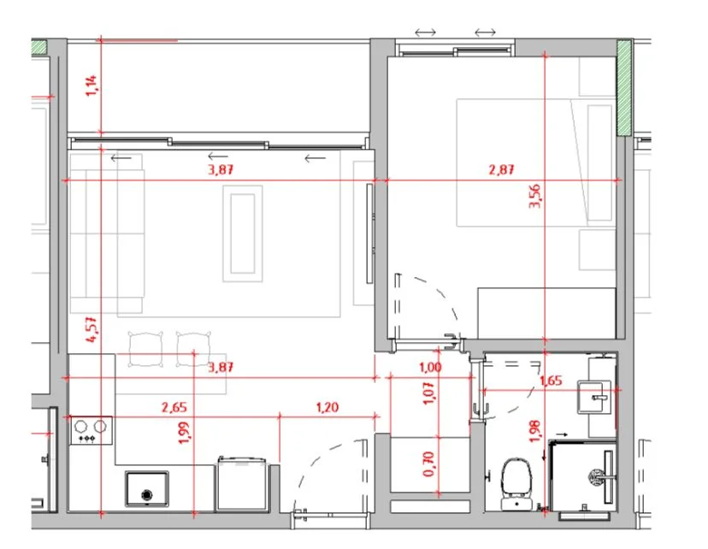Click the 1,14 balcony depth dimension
click(x=91, y=86)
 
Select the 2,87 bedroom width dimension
click(x=501, y=170)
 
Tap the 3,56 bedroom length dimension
click(x=534, y=196)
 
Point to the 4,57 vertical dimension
click(x=91, y=329)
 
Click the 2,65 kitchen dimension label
click(x=174, y=407)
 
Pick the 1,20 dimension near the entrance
click(x=327, y=407)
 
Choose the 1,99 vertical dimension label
click(x=183, y=433)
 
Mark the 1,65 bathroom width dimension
click(x=551, y=381)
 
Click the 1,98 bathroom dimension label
click(x=534, y=431)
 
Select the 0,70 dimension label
click(x=428, y=463)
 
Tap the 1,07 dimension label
click(x=429, y=393)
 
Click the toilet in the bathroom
click(x=517, y=484)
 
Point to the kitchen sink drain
click(x=147, y=495)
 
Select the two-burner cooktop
click(x=91, y=430)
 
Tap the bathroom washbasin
click(x=594, y=398)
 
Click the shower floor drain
click(x=595, y=475)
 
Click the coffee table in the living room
click(x=243, y=233)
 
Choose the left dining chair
click(x=145, y=350)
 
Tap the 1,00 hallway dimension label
click(x=430, y=367)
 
